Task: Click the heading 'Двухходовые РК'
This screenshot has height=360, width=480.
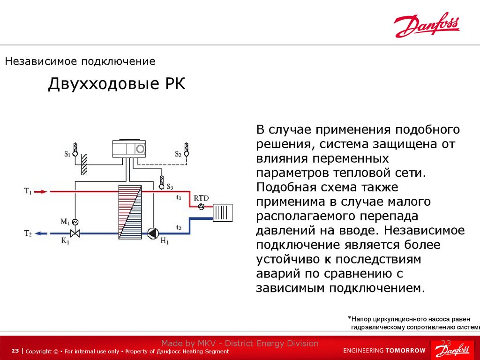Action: pos(117,84)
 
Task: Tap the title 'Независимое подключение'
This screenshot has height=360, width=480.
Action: pos(80,61)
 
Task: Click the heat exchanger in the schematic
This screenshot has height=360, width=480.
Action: pos(129,211)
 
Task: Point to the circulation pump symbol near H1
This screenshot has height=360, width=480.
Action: pos(153,232)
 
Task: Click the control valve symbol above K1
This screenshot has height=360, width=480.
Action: pos(74,232)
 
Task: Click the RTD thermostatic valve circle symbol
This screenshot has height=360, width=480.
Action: pos(202,207)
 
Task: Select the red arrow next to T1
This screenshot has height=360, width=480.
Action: pos(42,191)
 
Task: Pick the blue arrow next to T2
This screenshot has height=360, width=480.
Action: pos(42,233)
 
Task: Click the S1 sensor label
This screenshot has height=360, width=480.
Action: pos(67,153)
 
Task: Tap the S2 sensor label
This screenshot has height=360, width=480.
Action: pos(178,153)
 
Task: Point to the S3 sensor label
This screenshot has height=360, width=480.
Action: pos(170,187)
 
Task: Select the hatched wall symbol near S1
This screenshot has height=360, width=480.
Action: pos(84,163)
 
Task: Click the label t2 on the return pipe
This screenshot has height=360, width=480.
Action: pos(179,227)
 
